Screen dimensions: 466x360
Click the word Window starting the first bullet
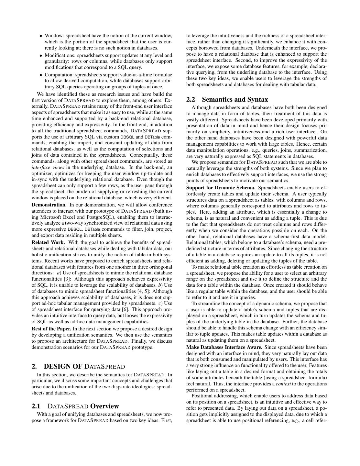(53, 36)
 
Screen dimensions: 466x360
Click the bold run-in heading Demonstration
(49, 205)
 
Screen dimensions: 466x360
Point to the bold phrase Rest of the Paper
(51, 329)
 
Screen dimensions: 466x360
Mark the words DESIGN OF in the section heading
(63, 366)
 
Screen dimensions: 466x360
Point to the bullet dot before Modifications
(41, 56)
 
